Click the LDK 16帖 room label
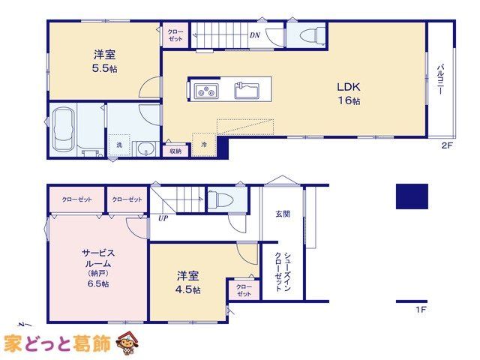tap(349, 93)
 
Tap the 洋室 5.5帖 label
tap(105, 61)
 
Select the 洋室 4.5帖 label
tap(188, 283)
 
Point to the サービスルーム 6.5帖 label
tap(98, 268)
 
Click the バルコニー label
tap(440, 79)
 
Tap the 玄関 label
tap(283, 214)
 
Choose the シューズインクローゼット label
tap(283, 271)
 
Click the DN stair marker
tap(255, 35)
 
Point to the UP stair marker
tap(163, 218)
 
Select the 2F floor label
tap(447, 145)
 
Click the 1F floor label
tap(421, 310)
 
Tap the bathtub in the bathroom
tap(64, 128)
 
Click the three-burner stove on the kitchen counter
tap(205, 91)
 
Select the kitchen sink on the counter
tap(247, 91)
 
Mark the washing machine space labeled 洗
tap(119, 145)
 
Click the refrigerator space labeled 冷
tap(204, 145)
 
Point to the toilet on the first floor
tap(220, 198)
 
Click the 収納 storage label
tap(175, 151)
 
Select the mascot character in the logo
tap(127, 342)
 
